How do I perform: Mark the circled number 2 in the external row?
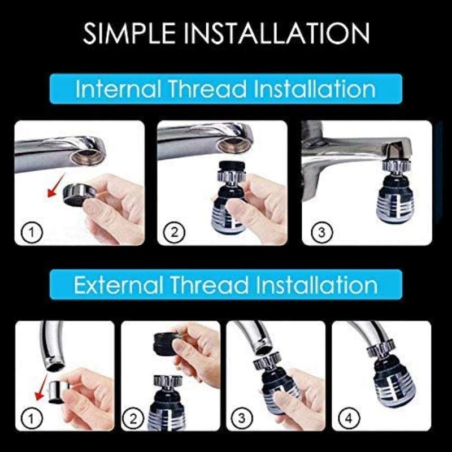[x=134, y=419]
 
